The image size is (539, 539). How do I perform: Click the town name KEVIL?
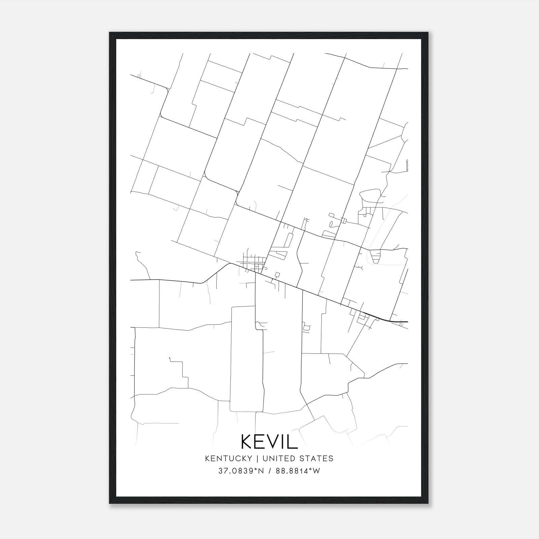pos(269,441)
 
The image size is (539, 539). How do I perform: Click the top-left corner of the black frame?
pos(110,33)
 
